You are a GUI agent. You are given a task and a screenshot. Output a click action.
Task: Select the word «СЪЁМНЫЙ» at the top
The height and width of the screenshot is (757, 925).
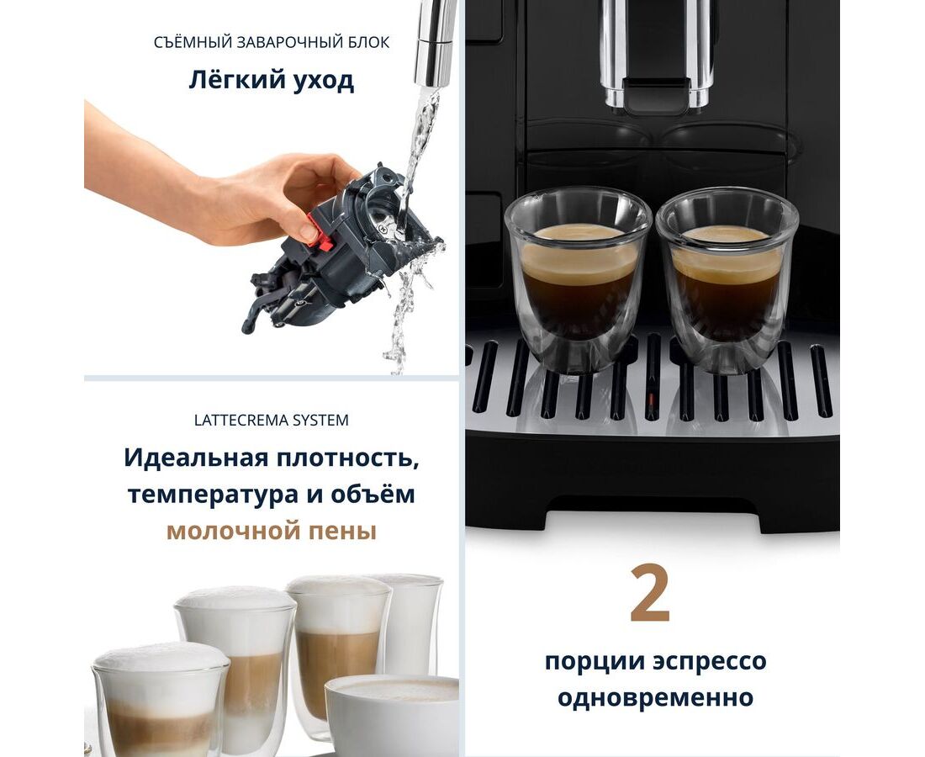192,43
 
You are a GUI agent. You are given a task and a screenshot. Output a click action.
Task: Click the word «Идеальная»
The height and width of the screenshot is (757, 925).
196,458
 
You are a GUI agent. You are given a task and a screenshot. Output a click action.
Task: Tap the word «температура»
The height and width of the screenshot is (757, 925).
214,495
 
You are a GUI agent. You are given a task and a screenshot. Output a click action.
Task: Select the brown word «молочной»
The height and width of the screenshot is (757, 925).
226,532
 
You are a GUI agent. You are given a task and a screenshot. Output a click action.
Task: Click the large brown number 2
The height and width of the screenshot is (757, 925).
650,594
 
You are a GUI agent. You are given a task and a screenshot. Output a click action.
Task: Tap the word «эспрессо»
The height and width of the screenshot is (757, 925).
710,662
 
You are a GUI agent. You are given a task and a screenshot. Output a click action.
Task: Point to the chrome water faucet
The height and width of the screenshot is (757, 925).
436,43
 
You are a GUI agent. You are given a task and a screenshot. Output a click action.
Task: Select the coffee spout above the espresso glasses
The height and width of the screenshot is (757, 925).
656,56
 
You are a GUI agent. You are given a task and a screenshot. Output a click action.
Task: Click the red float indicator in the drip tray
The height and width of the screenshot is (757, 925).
651,403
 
